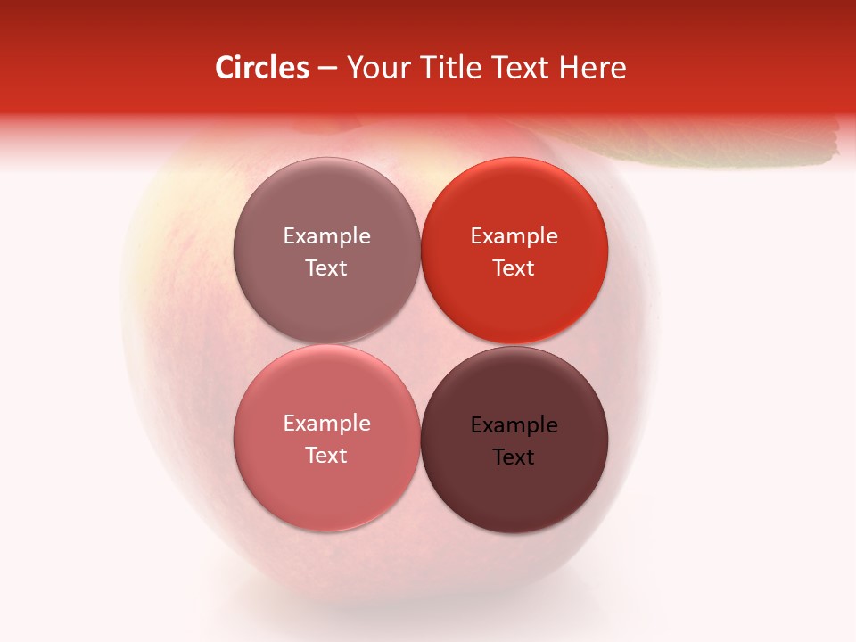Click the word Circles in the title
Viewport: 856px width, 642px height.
(261, 68)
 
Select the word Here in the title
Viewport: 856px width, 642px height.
(593, 68)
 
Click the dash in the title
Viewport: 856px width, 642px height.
(327, 69)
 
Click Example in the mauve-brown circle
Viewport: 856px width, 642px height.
(326, 235)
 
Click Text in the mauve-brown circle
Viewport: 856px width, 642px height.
(326, 267)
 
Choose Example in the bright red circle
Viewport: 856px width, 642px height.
(514, 235)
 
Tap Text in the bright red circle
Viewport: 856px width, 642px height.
(514, 267)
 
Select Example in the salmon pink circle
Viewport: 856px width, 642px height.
(326, 423)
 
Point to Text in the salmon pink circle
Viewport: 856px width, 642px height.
(326, 455)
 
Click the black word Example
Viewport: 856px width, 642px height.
(514, 425)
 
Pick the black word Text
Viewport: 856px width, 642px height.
(514, 457)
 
